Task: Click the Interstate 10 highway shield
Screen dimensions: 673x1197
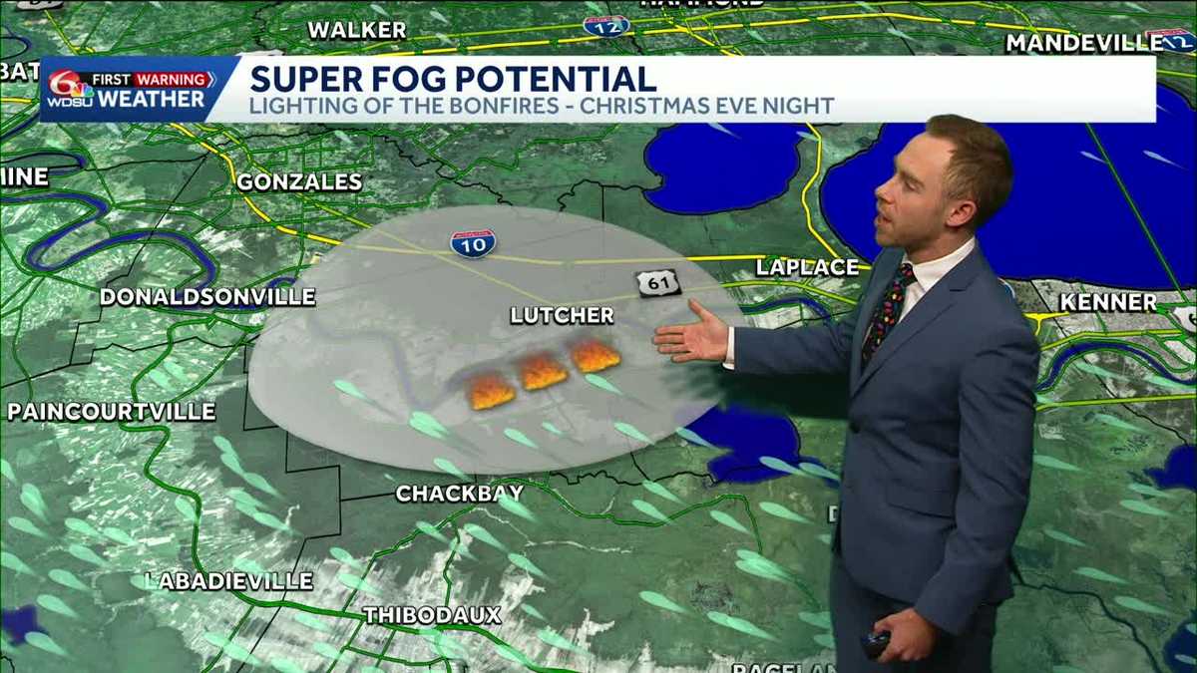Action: (473, 243)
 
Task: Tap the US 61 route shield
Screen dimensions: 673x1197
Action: (658, 283)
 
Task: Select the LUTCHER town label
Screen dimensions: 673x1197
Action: (562, 315)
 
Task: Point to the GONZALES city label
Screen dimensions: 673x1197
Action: (299, 181)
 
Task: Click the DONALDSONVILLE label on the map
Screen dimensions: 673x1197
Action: (207, 297)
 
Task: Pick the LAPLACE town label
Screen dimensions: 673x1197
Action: (807, 266)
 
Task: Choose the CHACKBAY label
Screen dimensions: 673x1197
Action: (460, 493)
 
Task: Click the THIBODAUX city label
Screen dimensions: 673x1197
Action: (432, 615)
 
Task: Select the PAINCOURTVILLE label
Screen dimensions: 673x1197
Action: (112, 411)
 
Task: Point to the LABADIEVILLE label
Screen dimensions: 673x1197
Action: (229, 580)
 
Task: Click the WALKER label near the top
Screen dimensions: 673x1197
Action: (356, 30)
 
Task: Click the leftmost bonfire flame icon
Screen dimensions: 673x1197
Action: (491, 390)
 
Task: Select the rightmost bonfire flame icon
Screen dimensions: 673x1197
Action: (596, 355)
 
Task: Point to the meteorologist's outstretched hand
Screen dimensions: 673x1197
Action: (691, 335)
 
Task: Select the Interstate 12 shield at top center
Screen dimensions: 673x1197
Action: (606, 25)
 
